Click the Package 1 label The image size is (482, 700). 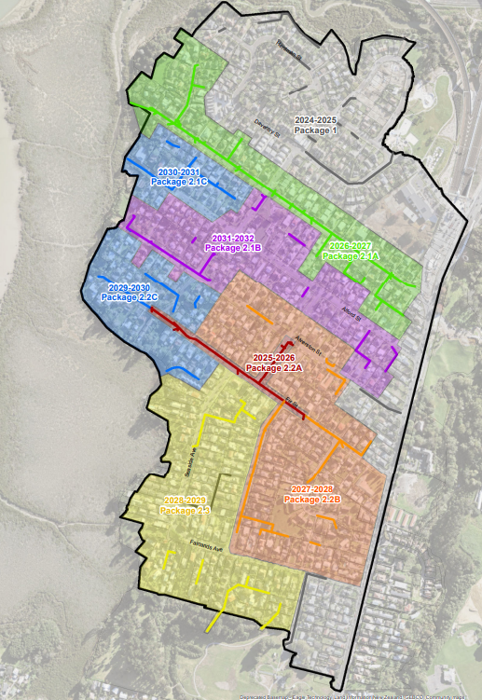[x=315, y=130]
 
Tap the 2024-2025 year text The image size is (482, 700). [x=315, y=120]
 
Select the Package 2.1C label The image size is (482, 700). [x=178, y=183]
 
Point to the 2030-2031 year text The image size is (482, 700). [x=178, y=172]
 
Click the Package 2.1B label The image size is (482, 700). [x=233, y=249]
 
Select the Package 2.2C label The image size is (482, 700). [x=129, y=296]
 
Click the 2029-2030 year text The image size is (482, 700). [x=129, y=286]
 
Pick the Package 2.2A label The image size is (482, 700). [x=274, y=368]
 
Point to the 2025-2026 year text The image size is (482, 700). [x=274, y=358]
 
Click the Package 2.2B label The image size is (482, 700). [x=312, y=500]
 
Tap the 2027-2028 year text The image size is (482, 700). [x=312, y=489]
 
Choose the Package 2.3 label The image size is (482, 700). [x=185, y=511]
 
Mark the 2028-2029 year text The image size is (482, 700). [x=185, y=501]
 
